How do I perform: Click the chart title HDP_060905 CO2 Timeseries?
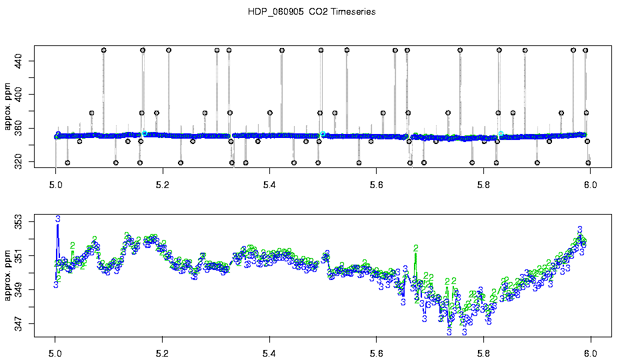[311, 12]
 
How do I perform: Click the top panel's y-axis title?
[9, 107]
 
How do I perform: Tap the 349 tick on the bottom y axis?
[18, 291]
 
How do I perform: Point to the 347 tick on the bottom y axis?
[18, 325]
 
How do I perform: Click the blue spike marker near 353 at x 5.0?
[58, 219]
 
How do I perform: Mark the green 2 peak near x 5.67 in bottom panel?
[416, 248]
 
